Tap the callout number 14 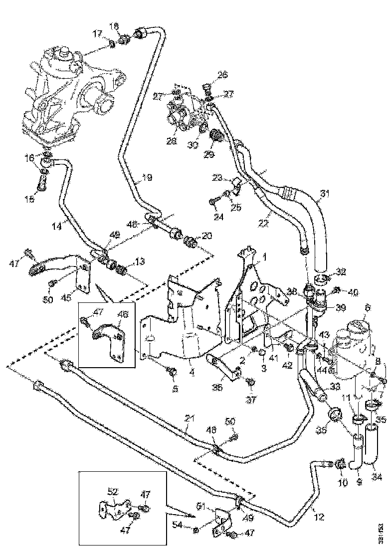[x=57, y=226]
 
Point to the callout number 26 [x=222, y=76]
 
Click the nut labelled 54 [x=196, y=528]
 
